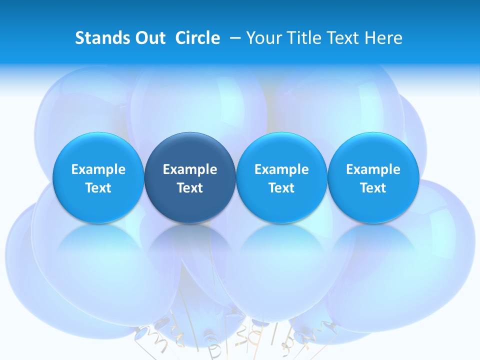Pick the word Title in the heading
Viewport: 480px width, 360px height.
click(x=304, y=38)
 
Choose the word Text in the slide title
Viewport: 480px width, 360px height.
click(x=345, y=38)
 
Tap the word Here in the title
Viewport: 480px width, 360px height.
click(x=385, y=38)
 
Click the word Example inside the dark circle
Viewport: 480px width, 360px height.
click(x=190, y=169)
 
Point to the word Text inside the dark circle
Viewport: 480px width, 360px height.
click(x=190, y=188)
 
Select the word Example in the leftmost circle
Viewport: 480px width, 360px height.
click(x=98, y=169)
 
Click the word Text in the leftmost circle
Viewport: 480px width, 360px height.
click(x=98, y=188)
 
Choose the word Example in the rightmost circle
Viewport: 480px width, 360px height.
click(x=373, y=169)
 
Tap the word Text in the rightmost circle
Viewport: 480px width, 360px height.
click(x=373, y=188)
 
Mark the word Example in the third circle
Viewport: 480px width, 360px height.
click(x=281, y=169)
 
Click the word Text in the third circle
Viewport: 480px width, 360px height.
click(x=281, y=188)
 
